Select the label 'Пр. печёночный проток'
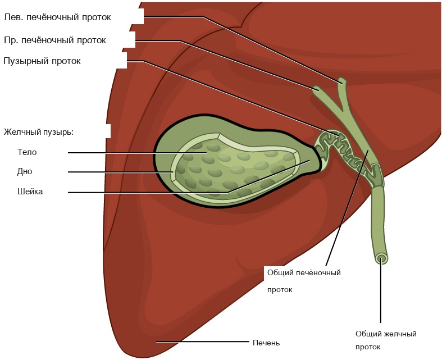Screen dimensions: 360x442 tap(55, 40)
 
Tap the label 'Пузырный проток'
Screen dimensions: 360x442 tap(42, 61)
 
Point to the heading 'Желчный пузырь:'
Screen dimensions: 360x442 tap(39, 133)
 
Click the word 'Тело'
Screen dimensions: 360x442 tap(27, 152)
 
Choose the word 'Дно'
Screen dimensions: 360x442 tap(25, 171)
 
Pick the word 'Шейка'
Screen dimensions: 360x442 tap(30, 192)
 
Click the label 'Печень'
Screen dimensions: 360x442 tap(266, 343)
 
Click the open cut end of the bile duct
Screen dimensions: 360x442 tap(381, 258)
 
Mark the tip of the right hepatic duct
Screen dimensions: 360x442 tap(316, 88)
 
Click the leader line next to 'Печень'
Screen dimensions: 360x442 tap(202, 341)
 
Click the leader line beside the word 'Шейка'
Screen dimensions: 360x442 tap(146, 193)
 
